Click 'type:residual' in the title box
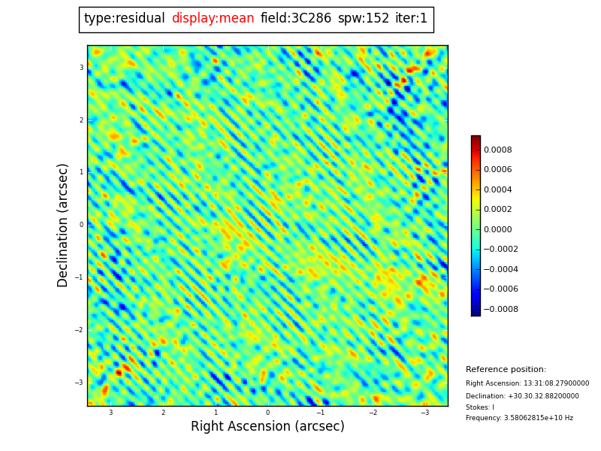(x=125, y=19)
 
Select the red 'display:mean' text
(x=213, y=19)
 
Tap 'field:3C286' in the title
(x=296, y=19)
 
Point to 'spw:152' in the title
(x=364, y=19)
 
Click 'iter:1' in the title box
(x=411, y=19)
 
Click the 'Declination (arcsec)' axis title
(x=63, y=225)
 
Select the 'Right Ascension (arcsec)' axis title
(x=267, y=427)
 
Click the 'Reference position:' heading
(x=506, y=370)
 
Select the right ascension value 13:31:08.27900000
(x=527, y=383)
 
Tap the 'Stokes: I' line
(x=480, y=407)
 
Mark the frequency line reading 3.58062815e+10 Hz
(x=519, y=419)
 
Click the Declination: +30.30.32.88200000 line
(x=522, y=396)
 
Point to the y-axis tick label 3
(x=82, y=68)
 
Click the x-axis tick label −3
(x=424, y=413)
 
